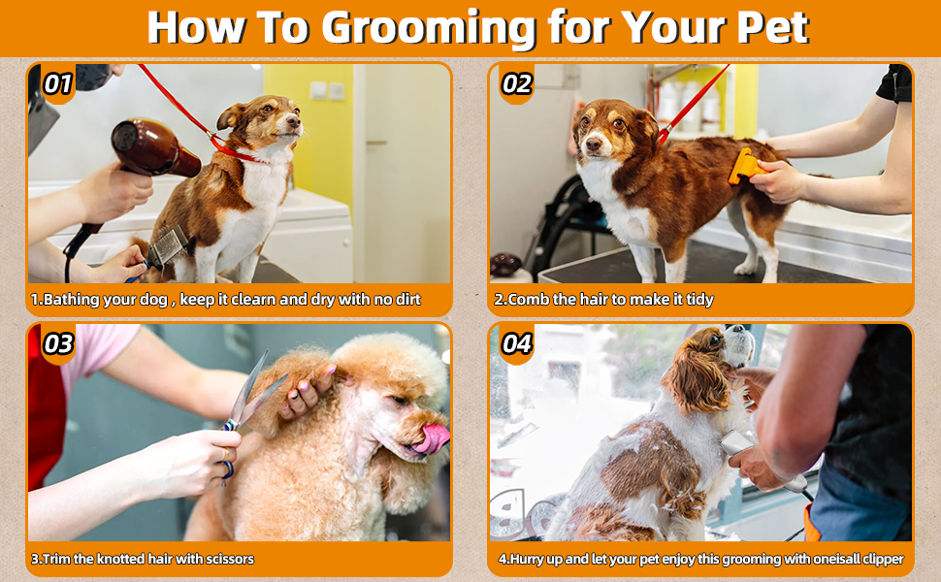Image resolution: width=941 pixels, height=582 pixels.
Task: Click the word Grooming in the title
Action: click(x=429, y=28)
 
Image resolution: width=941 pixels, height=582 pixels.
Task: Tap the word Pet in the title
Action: click(x=773, y=26)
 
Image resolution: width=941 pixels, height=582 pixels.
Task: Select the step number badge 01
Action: click(x=58, y=84)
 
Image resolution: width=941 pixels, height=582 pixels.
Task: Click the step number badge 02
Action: click(x=517, y=84)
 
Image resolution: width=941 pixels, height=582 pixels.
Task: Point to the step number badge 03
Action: click(x=58, y=343)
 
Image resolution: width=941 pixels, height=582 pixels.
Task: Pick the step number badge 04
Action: click(x=517, y=343)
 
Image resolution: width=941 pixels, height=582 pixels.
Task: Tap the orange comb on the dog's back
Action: click(x=746, y=166)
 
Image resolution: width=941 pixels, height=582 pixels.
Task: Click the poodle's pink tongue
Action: click(x=433, y=438)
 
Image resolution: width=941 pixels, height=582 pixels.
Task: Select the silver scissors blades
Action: click(x=252, y=393)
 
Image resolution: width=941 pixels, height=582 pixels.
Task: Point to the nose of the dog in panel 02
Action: click(x=593, y=144)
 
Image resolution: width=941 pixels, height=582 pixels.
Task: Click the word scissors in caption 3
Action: click(x=230, y=559)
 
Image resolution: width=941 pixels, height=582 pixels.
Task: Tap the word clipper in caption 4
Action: click(x=883, y=559)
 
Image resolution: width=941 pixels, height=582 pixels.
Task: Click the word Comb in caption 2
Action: click(x=529, y=300)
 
